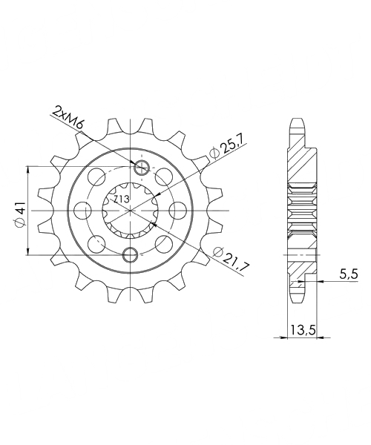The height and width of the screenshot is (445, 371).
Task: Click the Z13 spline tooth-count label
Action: (x=122, y=200)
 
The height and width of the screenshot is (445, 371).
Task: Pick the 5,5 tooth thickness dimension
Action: (x=349, y=274)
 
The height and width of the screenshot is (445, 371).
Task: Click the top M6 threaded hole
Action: (x=142, y=168)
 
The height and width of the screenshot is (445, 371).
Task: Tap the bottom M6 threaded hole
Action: (x=131, y=254)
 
